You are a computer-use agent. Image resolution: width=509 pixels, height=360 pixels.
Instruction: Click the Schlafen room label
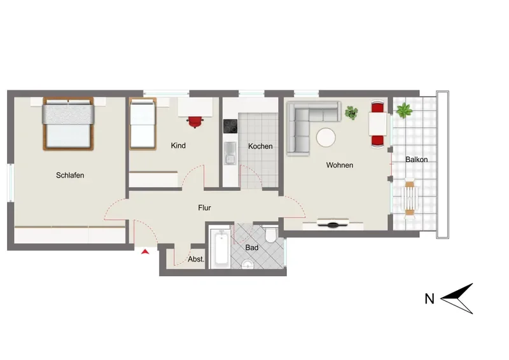(70, 176)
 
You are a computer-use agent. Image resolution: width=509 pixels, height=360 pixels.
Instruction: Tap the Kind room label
(178, 146)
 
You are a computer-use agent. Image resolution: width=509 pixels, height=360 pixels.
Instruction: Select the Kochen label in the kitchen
(260, 146)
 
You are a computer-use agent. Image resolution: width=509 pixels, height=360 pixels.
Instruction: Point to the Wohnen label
(340, 165)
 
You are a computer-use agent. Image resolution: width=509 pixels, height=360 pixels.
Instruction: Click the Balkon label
(417, 160)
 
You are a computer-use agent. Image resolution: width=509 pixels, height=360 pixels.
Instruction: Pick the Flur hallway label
(204, 208)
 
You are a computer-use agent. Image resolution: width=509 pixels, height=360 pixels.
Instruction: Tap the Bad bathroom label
(252, 247)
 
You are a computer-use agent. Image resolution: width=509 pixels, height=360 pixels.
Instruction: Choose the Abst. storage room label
(196, 260)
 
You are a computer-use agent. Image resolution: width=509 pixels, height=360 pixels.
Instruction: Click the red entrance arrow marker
(145, 251)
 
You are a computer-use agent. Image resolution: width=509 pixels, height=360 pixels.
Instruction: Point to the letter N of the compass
(429, 299)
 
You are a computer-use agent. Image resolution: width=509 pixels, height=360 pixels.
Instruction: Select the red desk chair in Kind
(195, 122)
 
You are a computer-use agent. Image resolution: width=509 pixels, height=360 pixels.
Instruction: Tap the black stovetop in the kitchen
(230, 127)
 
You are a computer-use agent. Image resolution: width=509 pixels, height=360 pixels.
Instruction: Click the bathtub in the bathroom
(221, 248)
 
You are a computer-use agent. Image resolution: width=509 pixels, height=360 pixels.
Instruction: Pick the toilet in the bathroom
(271, 234)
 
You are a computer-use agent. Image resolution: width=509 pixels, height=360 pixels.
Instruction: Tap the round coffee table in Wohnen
(326, 137)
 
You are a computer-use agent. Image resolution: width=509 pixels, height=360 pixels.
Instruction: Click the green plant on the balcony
(404, 111)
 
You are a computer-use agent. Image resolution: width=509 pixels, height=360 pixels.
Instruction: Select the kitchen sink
(230, 153)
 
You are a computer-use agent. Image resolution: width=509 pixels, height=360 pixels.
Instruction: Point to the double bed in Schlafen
(68, 123)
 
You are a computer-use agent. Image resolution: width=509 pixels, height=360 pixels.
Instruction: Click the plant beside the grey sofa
(351, 113)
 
